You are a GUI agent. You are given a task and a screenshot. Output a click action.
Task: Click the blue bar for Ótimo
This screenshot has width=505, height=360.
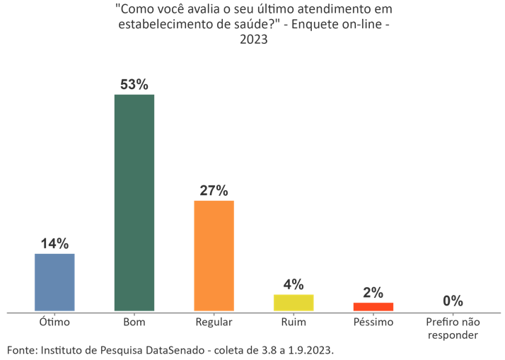click(54, 282)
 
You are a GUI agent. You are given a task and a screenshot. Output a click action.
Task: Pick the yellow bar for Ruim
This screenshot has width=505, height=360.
click(294, 303)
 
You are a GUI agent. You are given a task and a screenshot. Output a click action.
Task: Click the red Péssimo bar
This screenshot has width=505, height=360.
click(373, 307)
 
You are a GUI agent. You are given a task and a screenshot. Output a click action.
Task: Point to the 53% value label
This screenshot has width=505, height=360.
click(134, 85)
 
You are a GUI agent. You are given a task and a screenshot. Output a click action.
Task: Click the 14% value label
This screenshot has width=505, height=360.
click(54, 244)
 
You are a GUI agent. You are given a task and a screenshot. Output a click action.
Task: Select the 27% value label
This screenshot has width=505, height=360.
click(214, 191)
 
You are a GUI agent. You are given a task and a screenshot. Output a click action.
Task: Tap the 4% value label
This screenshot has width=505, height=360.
click(294, 284)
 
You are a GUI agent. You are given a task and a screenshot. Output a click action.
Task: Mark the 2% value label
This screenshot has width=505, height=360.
click(373, 293)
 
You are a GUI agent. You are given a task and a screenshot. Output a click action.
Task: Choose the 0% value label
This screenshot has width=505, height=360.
click(453, 301)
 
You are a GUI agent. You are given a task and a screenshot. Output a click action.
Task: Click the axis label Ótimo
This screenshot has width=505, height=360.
click(54, 323)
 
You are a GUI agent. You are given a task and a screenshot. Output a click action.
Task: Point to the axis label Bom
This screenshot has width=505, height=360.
click(134, 323)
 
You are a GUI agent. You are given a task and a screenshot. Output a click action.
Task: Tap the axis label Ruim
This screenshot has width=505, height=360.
click(294, 323)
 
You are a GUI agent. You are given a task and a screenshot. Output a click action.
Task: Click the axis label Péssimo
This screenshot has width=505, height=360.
click(373, 323)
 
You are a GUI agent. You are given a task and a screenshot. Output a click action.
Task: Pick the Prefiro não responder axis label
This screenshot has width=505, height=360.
click(453, 328)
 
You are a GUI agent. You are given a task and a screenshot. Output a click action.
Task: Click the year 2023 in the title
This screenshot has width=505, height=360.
click(253, 40)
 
